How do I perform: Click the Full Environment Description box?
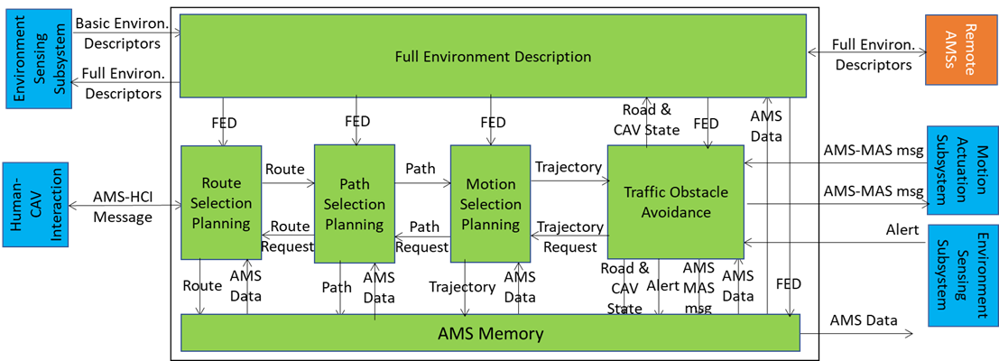493,56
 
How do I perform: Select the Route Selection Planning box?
221,202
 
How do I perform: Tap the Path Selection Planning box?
354,203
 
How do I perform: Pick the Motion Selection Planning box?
491,204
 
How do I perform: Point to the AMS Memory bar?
490,333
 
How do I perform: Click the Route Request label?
286,236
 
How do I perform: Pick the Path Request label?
423,236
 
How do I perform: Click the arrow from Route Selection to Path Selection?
287,181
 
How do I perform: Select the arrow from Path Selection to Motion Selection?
422,181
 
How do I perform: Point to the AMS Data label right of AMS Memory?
863,320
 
